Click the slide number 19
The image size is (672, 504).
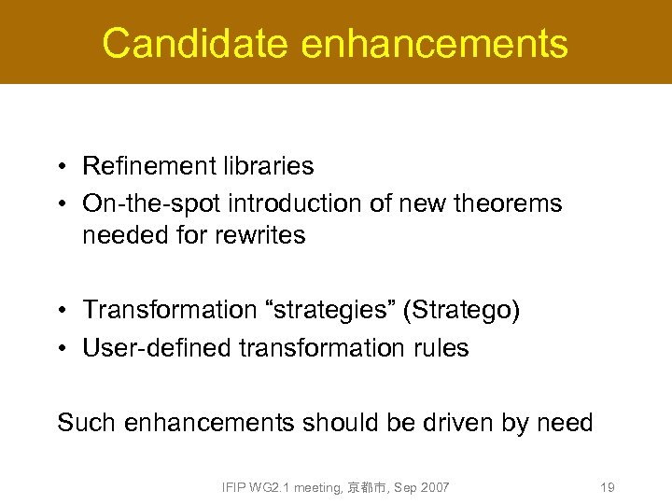tap(607, 487)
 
